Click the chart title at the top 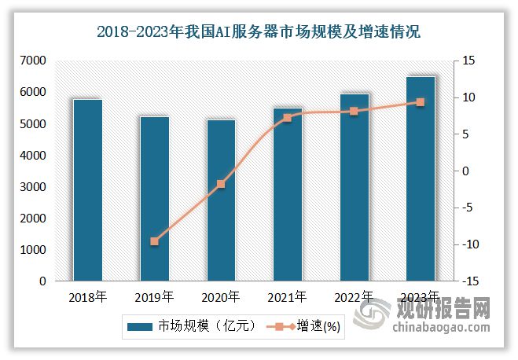tap(259, 32)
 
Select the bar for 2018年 tap(88, 189)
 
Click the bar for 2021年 tap(288, 194)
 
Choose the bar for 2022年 tap(354, 187)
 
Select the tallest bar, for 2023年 tap(421, 178)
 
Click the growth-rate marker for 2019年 tap(154, 241)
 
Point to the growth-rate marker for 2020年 tap(221, 184)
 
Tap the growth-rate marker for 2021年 tap(288, 118)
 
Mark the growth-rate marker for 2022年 tap(354, 112)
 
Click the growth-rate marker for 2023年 tap(421, 102)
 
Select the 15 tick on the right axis tap(467, 61)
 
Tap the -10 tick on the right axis tap(467, 244)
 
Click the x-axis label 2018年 tap(88, 297)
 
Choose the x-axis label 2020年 tap(221, 297)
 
